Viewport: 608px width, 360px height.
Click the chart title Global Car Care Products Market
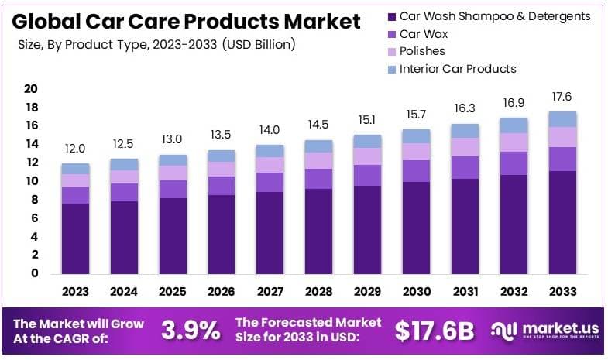[186, 21]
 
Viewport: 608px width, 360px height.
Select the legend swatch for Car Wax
[391, 34]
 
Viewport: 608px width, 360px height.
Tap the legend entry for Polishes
[422, 51]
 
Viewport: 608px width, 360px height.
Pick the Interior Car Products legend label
[457, 69]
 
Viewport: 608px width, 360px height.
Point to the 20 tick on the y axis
[31, 89]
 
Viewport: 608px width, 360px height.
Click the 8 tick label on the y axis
[34, 200]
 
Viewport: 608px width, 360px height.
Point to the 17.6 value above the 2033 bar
[563, 97]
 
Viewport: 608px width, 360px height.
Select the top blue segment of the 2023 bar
[75, 169]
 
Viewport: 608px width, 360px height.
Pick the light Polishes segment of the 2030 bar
[417, 152]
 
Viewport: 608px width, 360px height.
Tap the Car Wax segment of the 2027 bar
[270, 182]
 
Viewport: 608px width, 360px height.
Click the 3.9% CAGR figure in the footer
[191, 331]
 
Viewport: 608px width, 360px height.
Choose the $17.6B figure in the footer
[434, 331]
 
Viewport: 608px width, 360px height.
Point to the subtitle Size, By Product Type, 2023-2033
[156, 45]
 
